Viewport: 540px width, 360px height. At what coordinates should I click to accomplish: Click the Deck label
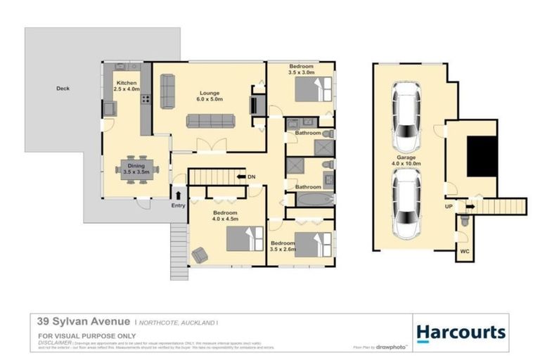click(63, 89)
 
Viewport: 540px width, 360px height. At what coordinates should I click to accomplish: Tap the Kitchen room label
click(127, 86)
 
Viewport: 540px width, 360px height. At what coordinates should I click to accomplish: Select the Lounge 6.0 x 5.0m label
click(210, 96)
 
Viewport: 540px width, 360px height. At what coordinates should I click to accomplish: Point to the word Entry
click(179, 205)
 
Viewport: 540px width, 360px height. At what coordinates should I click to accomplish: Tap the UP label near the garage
click(449, 207)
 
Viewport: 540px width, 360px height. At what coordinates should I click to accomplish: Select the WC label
click(464, 250)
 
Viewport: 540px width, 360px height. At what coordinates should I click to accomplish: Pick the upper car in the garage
click(408, 112)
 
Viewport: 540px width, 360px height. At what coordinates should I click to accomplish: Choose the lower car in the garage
click(408, 205)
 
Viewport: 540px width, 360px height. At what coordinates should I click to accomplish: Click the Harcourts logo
click(460, 333)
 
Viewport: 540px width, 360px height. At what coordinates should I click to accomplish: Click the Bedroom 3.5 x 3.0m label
click(300, 70)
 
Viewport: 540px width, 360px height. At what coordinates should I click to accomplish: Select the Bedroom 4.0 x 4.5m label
click(225, 216)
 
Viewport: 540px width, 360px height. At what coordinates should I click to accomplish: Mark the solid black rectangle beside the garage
click(482, 157)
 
